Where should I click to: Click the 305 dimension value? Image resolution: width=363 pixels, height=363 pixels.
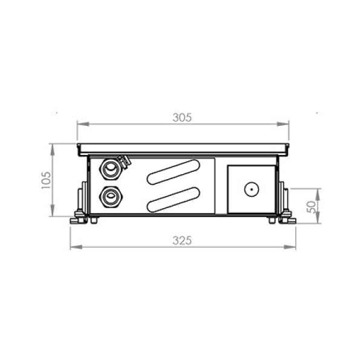182,117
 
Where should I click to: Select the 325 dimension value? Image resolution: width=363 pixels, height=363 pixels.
182,241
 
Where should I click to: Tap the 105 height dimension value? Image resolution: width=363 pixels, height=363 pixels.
46,180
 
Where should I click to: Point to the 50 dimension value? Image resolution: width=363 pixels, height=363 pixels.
311,207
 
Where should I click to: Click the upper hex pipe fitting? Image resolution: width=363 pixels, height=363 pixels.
111,169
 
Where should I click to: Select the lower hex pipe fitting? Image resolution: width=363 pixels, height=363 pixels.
111,197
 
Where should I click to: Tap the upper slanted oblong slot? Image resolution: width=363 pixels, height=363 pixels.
174,172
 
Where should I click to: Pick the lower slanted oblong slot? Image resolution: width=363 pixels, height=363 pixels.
174,200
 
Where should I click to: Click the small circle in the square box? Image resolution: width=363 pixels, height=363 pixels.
252,189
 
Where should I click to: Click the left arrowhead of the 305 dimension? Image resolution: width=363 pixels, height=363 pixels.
83,124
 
